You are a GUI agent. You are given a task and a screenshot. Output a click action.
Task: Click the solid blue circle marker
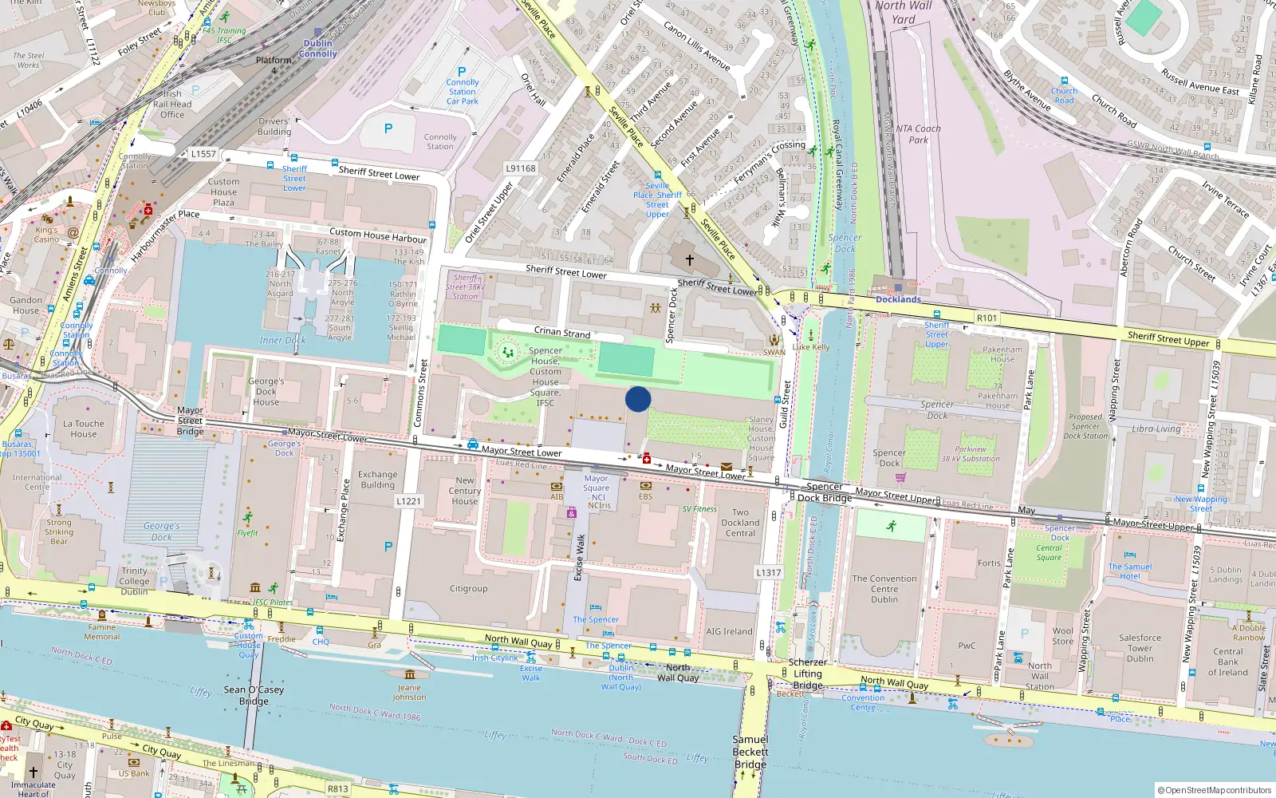pos(638,399)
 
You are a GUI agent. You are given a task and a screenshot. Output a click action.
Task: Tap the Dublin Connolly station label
pos(318,49)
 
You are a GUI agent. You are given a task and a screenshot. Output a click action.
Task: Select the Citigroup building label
pos(468,589)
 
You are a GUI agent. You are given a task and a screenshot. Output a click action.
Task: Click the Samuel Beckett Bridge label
pos(750,752)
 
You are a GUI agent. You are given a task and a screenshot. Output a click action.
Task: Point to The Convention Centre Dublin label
pos(884,589)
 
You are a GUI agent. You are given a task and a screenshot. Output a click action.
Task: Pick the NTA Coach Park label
pos(918,134)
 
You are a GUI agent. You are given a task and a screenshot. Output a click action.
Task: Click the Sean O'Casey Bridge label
pos(254,695)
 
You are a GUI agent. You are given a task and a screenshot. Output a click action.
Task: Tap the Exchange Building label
pos(377,480)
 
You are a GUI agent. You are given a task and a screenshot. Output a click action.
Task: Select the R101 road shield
pos(987,318)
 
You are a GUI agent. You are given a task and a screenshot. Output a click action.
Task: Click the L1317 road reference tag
pos(768,572)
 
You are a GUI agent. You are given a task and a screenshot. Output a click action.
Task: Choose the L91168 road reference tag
pos(521,168)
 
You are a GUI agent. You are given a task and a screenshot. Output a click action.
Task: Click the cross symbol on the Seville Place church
pos(690,260)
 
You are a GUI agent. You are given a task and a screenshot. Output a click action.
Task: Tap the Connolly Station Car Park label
pos(463,91)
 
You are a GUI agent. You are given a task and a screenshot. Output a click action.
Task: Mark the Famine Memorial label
pos(102,632)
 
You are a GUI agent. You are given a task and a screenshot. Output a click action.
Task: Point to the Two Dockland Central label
pos(740,523)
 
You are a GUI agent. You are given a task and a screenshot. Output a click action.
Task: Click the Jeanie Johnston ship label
pos(409,692)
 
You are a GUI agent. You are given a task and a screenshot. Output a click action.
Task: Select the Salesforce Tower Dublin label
pos(1140,648)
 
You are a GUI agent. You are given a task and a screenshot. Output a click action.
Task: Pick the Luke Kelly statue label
pos(811,346)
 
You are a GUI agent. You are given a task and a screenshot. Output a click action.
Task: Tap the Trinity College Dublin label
pos(134,581)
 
